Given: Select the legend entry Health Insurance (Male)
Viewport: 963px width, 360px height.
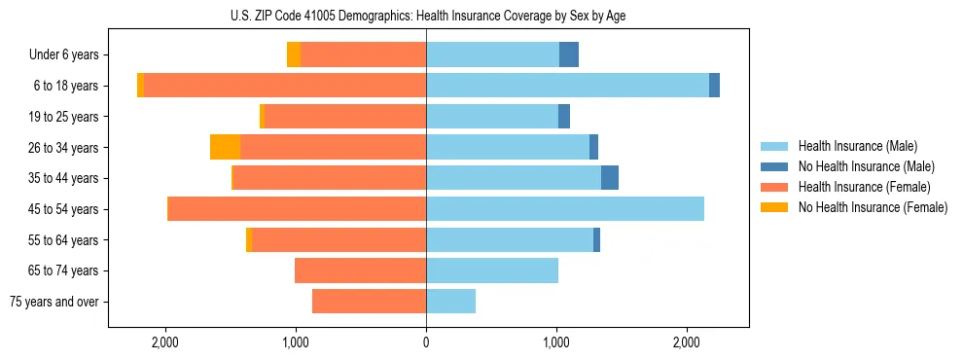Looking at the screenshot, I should tap(856, 146).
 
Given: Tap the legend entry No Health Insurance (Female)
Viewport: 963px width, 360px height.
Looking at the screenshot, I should tap(873, 207).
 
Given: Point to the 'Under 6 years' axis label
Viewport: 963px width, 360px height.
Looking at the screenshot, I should tap(63, 55).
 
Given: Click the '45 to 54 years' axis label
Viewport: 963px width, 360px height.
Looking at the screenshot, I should tap(63, 209).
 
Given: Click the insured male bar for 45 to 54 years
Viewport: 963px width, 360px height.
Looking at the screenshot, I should tap(564, 209).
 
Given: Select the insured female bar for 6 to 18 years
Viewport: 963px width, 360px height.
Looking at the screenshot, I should tap(285, 86).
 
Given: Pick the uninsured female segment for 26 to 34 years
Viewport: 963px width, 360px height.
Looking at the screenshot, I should tap(225, 147).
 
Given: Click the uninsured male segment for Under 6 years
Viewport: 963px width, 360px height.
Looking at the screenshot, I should tap(569, 55).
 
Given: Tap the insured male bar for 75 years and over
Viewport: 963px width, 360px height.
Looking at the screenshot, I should tap(450, 302).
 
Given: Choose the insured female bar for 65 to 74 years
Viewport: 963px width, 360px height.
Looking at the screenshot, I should tap(360, 270).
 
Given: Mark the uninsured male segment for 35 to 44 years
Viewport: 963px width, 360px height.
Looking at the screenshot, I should tap(610, 178).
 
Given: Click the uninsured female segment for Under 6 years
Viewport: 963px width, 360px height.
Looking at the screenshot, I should tap(294, 55).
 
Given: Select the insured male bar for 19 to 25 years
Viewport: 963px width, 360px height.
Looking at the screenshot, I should tap(492, 117).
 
